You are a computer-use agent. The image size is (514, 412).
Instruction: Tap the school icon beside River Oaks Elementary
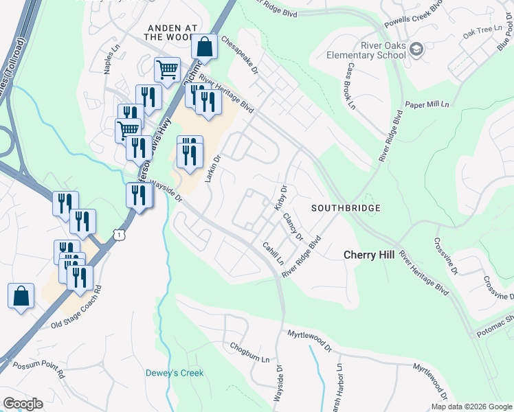(416, 50)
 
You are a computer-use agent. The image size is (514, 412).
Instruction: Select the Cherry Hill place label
(369, 255)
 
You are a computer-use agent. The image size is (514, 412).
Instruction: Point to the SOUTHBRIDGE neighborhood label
(346, 208)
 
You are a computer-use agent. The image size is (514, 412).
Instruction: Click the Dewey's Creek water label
(175, 374)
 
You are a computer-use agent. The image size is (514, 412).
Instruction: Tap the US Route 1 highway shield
(121, 235)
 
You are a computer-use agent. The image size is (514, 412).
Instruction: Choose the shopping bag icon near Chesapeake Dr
(205, 48)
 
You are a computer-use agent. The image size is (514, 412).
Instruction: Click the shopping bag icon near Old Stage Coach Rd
(21, 297)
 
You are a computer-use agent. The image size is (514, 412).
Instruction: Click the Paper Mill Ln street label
(427, 104)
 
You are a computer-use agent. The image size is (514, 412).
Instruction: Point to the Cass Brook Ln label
(350, 87)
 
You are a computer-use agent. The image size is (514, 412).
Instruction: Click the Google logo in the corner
(22, 404)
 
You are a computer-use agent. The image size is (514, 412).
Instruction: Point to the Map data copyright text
(471, 407)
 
